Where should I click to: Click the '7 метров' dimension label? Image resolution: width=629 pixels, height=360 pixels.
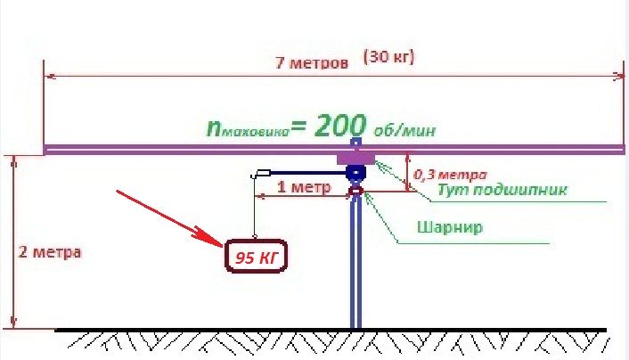[x=312, y=63]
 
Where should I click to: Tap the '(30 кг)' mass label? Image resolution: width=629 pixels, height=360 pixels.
[x=388, y=57]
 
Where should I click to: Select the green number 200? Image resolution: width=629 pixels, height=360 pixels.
[x=340, y=126]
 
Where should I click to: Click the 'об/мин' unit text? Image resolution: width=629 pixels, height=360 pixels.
[x=404, y=130]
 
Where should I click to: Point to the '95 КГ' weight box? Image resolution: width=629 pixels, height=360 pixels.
[x=257, y=256]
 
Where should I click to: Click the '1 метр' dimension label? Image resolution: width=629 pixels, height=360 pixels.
[x=304, y=187]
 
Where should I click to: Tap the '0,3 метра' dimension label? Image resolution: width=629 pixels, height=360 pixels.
[x=450, y=175]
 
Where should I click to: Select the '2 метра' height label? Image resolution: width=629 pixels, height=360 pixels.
[x=50, y=252]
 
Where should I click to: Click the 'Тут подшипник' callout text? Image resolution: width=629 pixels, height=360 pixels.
[x=502, y=189]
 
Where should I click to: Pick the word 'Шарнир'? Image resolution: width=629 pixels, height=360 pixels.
[x=450, y=227]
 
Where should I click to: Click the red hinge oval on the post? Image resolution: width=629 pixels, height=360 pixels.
[x=355, y=192]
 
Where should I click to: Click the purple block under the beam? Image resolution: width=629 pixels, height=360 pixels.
[x=355, y=159]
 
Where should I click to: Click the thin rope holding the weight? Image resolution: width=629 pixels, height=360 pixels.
[x=254, y=207]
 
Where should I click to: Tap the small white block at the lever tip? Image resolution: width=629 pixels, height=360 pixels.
[x=262, y=174]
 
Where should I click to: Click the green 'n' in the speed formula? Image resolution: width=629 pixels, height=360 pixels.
[x=214, y=128]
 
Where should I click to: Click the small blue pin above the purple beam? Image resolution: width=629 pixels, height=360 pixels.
[x=355, y=142]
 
